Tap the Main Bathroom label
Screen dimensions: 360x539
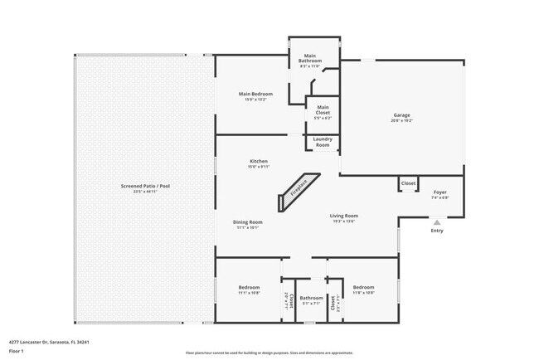pyautogui.click(x=313, y=58)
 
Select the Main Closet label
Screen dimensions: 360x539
pyautogui.click(x=323, y=108)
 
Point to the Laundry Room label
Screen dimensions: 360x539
pyautogui.click(x=323, y=142)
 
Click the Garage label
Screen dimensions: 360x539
pyautogui.click(x=401, y=116)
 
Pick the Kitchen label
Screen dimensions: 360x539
pyautogui.click(x=258, y=162)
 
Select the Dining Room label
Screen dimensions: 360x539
pyautogui.click(x=248, y=222)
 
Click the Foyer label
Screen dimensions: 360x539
pyautogui.click(x=439, y=193)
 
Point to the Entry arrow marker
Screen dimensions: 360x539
pyautogui.click(x=436, y=221)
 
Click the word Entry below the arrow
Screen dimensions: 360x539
pyautogui.click(x=436, y=231)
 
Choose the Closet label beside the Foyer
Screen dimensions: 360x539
pyautogui.click(x=408, y=183)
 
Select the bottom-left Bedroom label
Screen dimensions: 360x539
pyautogui.click(x=249, y=289)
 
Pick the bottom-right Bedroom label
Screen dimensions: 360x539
pyautogui.click(x=364, y=289)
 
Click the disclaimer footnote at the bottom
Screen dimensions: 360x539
pyautogui.click(x=269, y=353)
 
